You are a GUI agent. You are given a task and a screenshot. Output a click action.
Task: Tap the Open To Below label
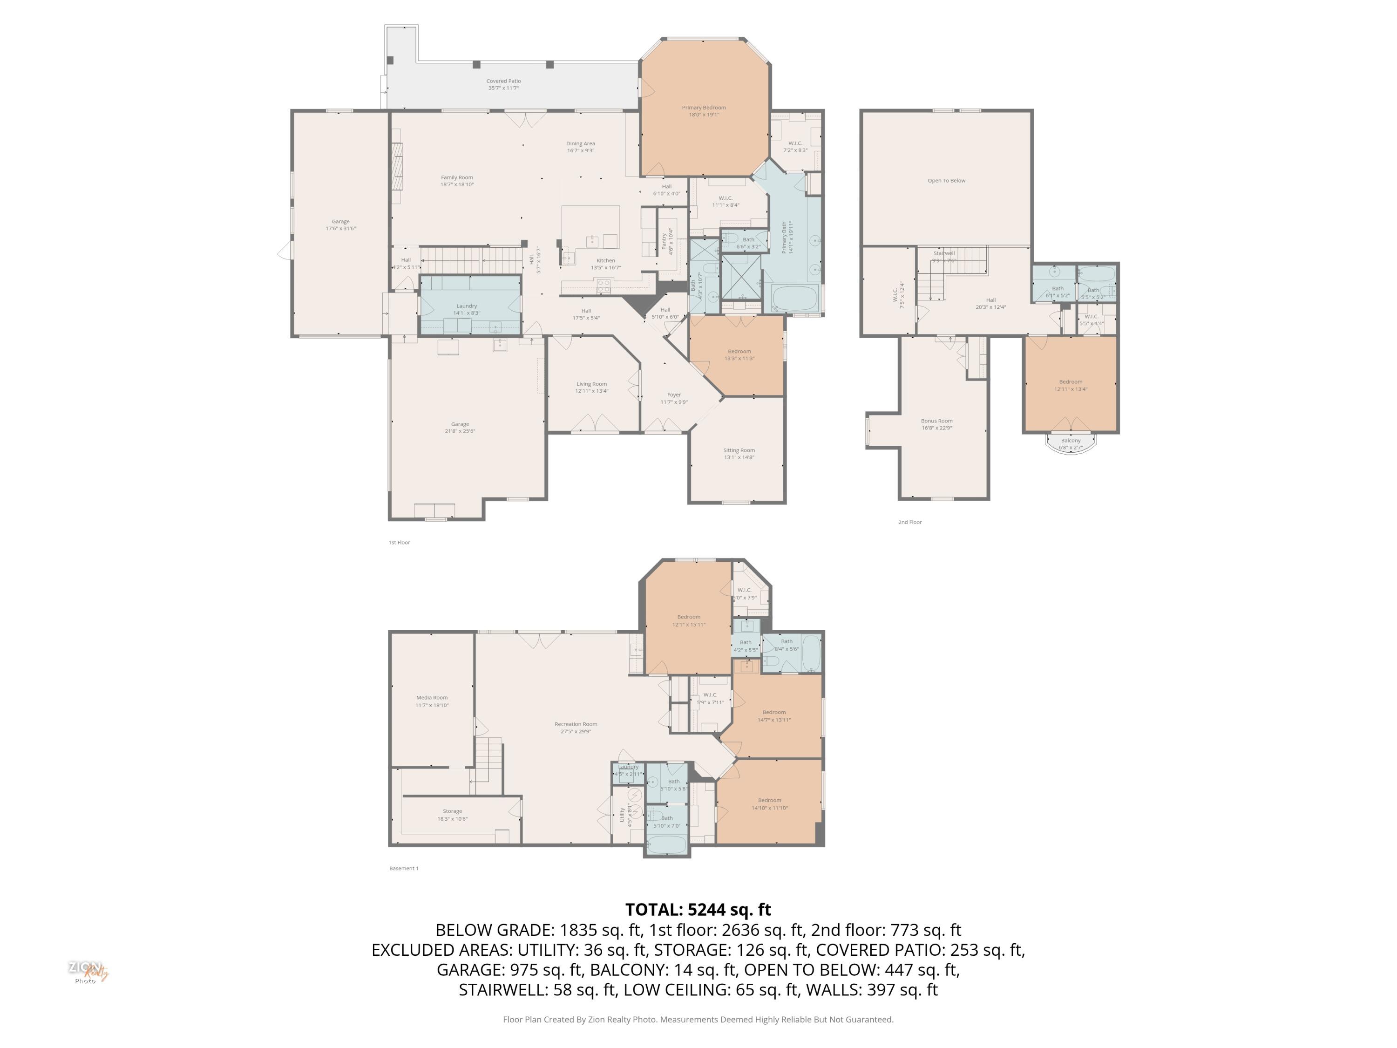(946, 181)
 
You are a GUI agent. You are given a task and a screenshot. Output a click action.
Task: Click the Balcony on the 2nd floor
(1071, 443)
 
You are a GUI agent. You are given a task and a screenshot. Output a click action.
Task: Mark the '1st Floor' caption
(399, 542)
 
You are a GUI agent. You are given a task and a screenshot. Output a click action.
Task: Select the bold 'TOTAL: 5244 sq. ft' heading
(698, 909)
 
